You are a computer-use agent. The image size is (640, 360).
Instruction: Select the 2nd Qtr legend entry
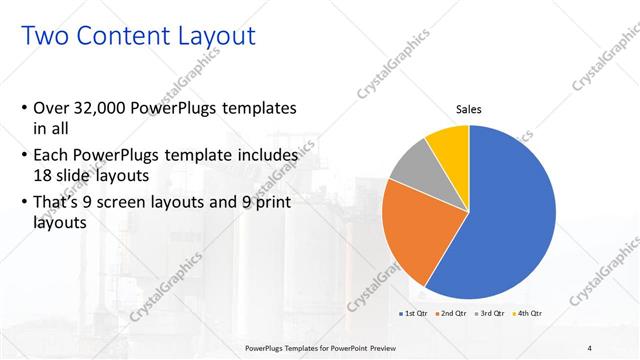452,315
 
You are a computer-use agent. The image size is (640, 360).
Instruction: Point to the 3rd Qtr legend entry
490,315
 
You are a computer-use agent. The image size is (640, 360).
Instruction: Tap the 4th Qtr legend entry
528,315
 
